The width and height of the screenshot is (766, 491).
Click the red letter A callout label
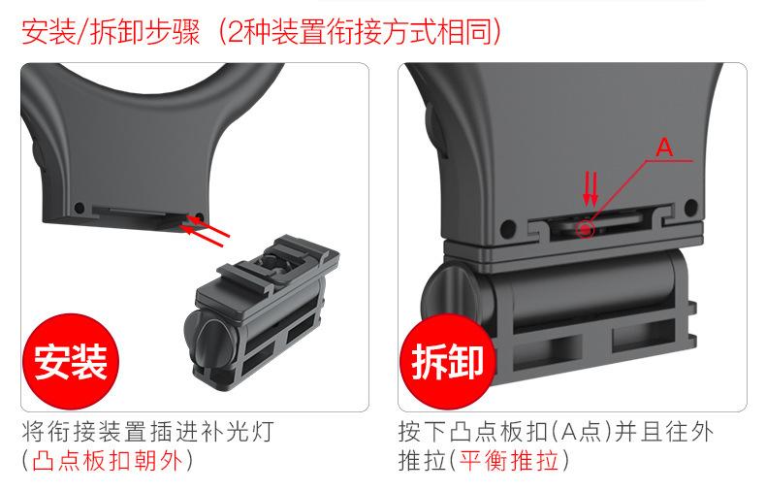pos(664,147)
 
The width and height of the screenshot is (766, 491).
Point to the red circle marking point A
pos(585,229)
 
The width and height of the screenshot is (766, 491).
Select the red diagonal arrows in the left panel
pos(209,229)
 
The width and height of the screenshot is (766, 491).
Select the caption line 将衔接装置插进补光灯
pos(153,430)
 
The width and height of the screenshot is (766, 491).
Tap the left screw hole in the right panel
pos(506,231)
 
